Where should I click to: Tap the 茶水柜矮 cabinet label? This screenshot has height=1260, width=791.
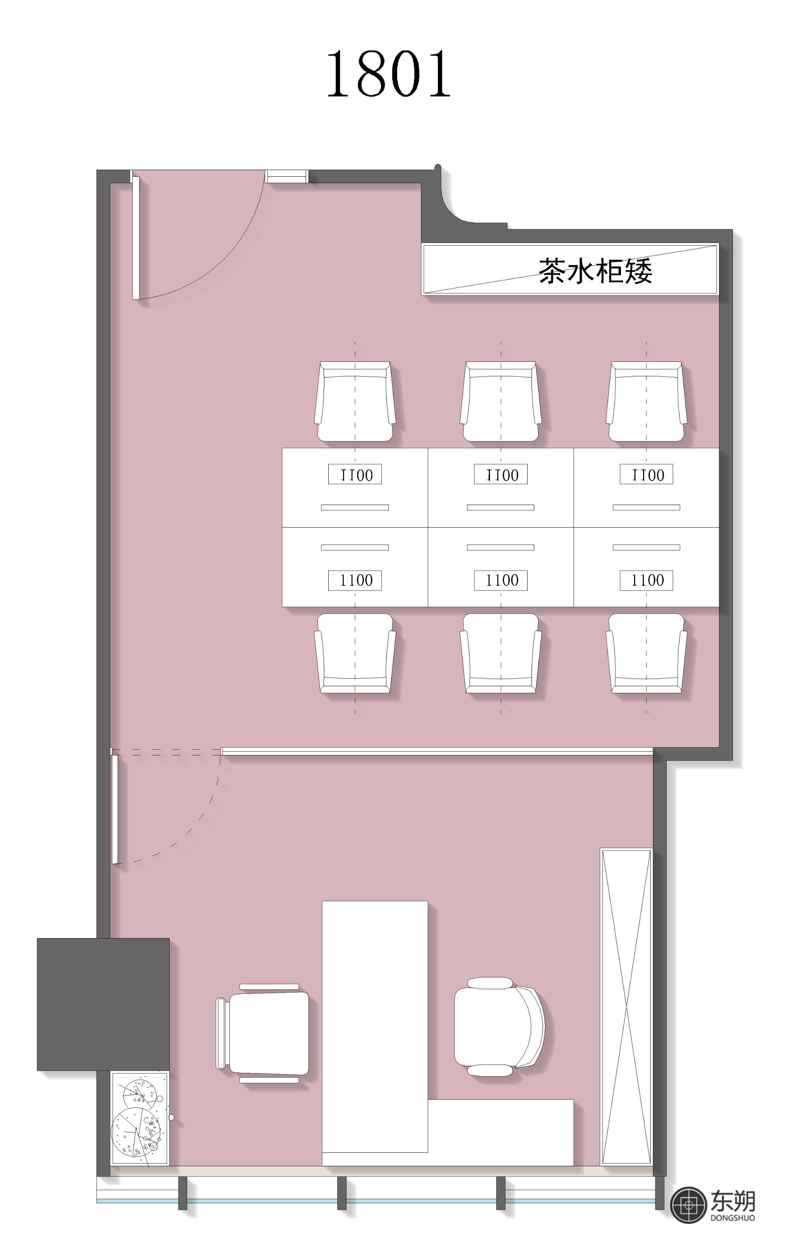click(595, 271)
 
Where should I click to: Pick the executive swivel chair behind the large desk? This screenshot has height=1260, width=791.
click(499, 1026)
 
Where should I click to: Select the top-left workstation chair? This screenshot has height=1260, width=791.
click(355, 401)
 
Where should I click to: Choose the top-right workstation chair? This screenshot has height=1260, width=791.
click(646, 401)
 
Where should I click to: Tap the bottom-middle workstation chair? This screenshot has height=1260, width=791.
click(501, 654)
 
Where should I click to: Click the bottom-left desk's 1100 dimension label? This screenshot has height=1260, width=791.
click(355, 580)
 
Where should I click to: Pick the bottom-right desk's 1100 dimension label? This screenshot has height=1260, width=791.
click(647, 580)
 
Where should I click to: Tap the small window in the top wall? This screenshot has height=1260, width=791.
click(287, 176)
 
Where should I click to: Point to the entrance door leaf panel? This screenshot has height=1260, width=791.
click(136, 237)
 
